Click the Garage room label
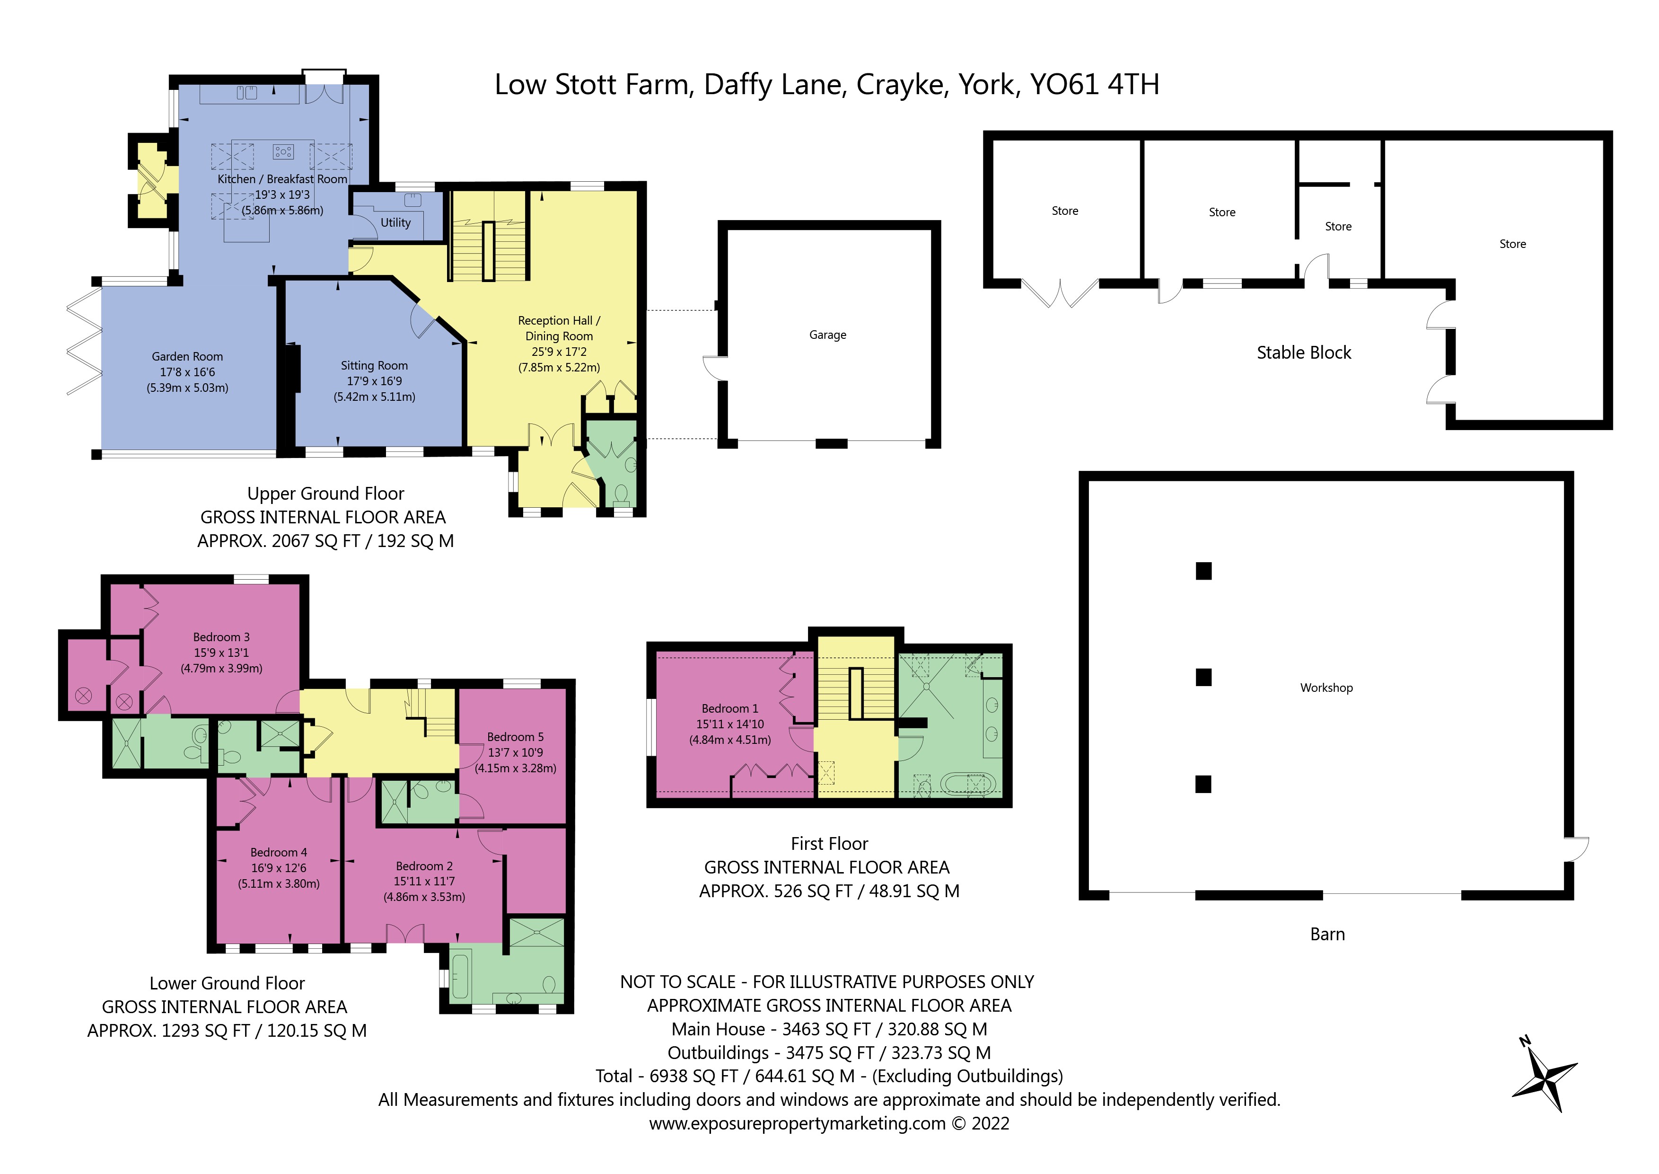(827, 335)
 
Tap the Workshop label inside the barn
(1326, 688)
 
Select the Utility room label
(395, 223)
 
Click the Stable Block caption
(1304, 353)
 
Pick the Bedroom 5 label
(515, 737)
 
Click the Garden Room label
(187, 356)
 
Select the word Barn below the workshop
(1327, 934)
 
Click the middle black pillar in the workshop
(1203, 677)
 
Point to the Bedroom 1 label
(730, 708)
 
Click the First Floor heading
(830, 844)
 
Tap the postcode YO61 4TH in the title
(1095, 85)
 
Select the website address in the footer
(797, 1123)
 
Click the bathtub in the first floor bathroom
(968, 784)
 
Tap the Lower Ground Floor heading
(227, 983)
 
